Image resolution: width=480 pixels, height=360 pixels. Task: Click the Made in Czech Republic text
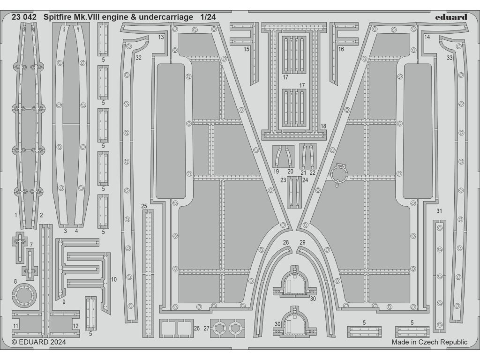[x=429, y=342]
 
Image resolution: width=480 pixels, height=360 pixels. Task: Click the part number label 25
[x=144, y=206]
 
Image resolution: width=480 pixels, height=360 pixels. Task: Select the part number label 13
[x=161, y=37]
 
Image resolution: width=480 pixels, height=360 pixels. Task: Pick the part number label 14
[x=427, y=37]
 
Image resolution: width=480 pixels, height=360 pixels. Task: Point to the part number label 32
[x=138, y=58]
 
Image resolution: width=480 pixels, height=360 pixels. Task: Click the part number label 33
[x=450, y=58]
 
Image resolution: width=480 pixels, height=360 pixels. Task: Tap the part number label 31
[x=439, y=211]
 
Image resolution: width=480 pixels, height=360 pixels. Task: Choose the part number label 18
[x=323, y=126]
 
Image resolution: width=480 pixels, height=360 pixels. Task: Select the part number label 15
[x=247, y=49]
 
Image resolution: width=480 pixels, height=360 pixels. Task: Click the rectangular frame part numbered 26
[x=176, y=327]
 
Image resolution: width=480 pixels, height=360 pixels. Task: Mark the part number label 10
[x=114, y=279]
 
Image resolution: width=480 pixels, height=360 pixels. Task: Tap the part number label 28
[x=286, y=242]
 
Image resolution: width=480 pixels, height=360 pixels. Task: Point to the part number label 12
[x=75, y=326]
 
